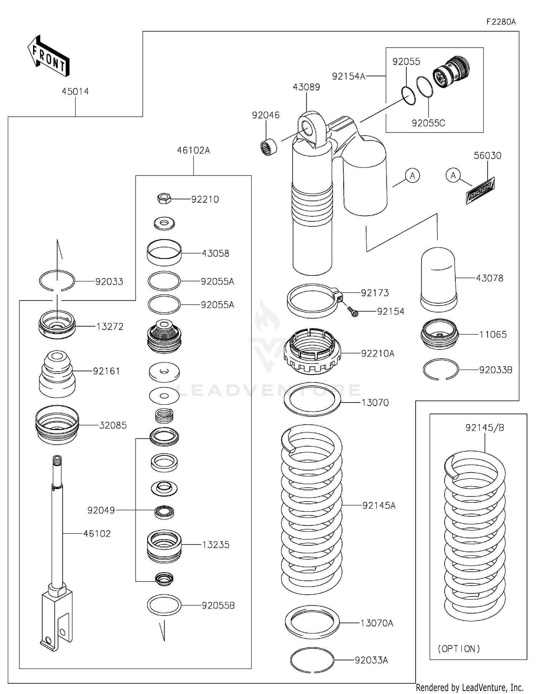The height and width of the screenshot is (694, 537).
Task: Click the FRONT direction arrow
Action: [x=49, y=57]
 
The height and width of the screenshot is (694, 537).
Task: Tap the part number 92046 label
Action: [x=266, y=115]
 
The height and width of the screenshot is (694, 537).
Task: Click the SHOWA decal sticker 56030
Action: [x=480, y=191]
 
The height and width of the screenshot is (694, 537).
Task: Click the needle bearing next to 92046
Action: [x=268, y=147]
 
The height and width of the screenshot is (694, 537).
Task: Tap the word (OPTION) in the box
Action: [x=459, y=649]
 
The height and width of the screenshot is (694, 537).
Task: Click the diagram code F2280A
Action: [x=501, y=22]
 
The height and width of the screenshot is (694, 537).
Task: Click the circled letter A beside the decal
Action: [x=453, y=175]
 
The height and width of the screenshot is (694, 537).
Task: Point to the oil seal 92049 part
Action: [x=164, y=512]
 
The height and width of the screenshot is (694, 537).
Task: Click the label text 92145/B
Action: [x=485, y=428]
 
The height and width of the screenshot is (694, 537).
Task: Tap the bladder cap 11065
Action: [x=439, y=334]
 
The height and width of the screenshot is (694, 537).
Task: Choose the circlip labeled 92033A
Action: [x=312, y=660]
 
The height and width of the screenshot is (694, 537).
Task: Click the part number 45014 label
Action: [x=75, y=92]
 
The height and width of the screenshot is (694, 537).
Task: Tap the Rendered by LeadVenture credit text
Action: [x=469, y=688]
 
